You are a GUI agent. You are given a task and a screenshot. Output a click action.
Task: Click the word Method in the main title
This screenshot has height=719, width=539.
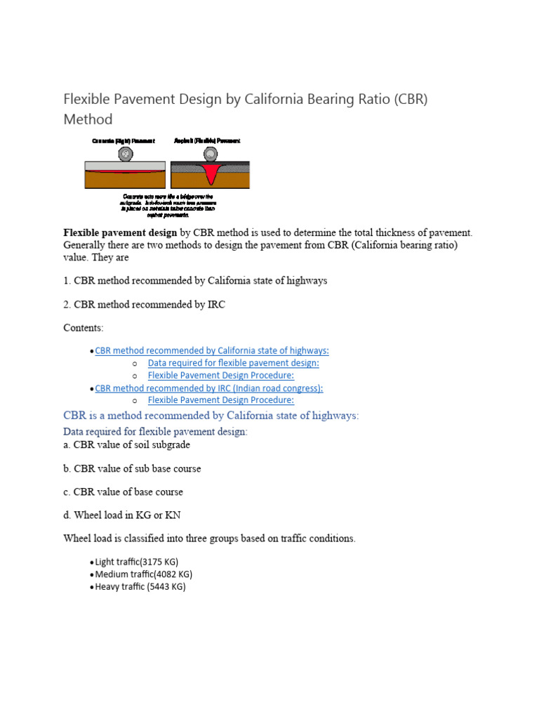point(88,119)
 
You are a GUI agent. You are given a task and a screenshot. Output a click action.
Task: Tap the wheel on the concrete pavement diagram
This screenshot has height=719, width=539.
point(124,154)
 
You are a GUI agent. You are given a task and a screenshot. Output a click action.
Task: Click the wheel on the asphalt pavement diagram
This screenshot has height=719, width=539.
point(208,154)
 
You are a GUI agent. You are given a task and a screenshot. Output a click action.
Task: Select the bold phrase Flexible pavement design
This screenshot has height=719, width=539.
point(121,232)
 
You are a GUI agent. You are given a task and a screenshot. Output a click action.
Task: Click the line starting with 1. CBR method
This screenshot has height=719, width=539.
point(195,280)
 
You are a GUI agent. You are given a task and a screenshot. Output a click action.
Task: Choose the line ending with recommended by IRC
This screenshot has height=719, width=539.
point(145,304)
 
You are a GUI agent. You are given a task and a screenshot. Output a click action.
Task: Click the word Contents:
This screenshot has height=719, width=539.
point(84,328)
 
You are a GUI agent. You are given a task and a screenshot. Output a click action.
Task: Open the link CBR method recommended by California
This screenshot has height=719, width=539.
point(211,350)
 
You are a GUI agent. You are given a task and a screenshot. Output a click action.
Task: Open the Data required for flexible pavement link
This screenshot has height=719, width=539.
point(233,363)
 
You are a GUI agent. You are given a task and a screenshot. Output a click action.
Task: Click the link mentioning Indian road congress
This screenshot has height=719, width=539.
point(208,388)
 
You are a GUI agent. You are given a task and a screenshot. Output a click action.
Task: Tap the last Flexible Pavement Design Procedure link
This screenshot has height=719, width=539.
point(220,400)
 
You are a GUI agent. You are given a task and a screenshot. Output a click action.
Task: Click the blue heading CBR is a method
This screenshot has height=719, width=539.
point(211,416)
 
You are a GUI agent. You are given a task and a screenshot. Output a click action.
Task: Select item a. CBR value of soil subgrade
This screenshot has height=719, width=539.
point(127,444)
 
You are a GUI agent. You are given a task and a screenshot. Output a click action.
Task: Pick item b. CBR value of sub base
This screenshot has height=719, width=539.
point(132,468)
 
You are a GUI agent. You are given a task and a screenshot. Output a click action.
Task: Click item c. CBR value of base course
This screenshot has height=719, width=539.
point(124,492)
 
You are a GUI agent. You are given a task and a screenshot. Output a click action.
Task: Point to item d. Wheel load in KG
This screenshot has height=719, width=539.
point(122,515)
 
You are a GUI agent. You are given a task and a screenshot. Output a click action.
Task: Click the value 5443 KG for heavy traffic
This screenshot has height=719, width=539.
point(166,586)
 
